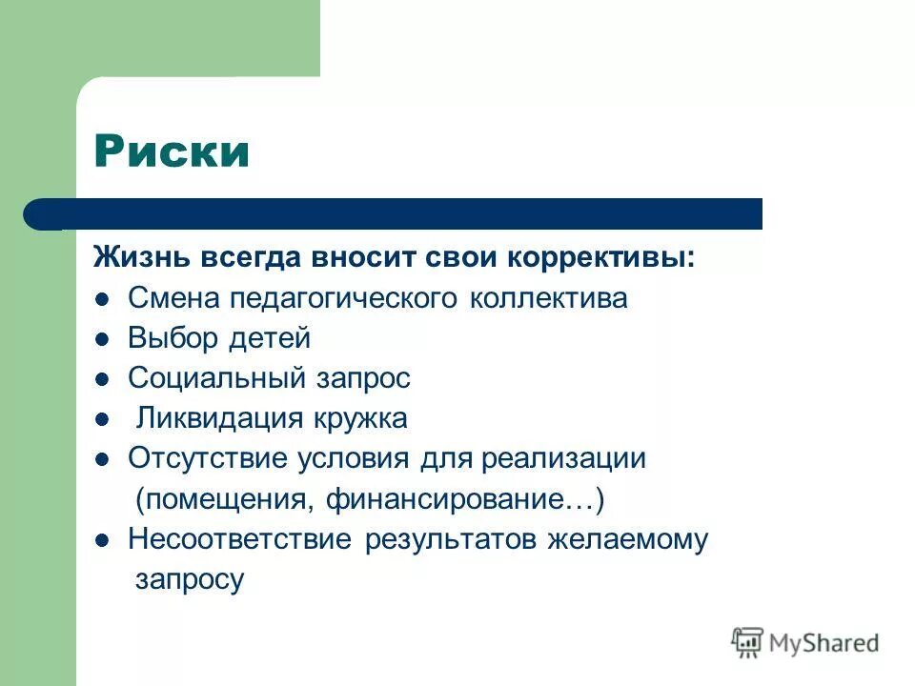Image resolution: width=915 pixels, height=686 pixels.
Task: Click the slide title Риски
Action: point(172,151)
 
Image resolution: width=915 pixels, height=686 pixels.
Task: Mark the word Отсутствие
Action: point(208,458)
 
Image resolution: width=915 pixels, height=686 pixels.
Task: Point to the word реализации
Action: point(563,459)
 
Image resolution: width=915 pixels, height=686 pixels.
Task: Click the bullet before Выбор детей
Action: point(103,339)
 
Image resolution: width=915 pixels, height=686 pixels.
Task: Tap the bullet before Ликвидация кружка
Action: point(103,419)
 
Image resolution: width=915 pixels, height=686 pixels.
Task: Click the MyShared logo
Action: point(805,642)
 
